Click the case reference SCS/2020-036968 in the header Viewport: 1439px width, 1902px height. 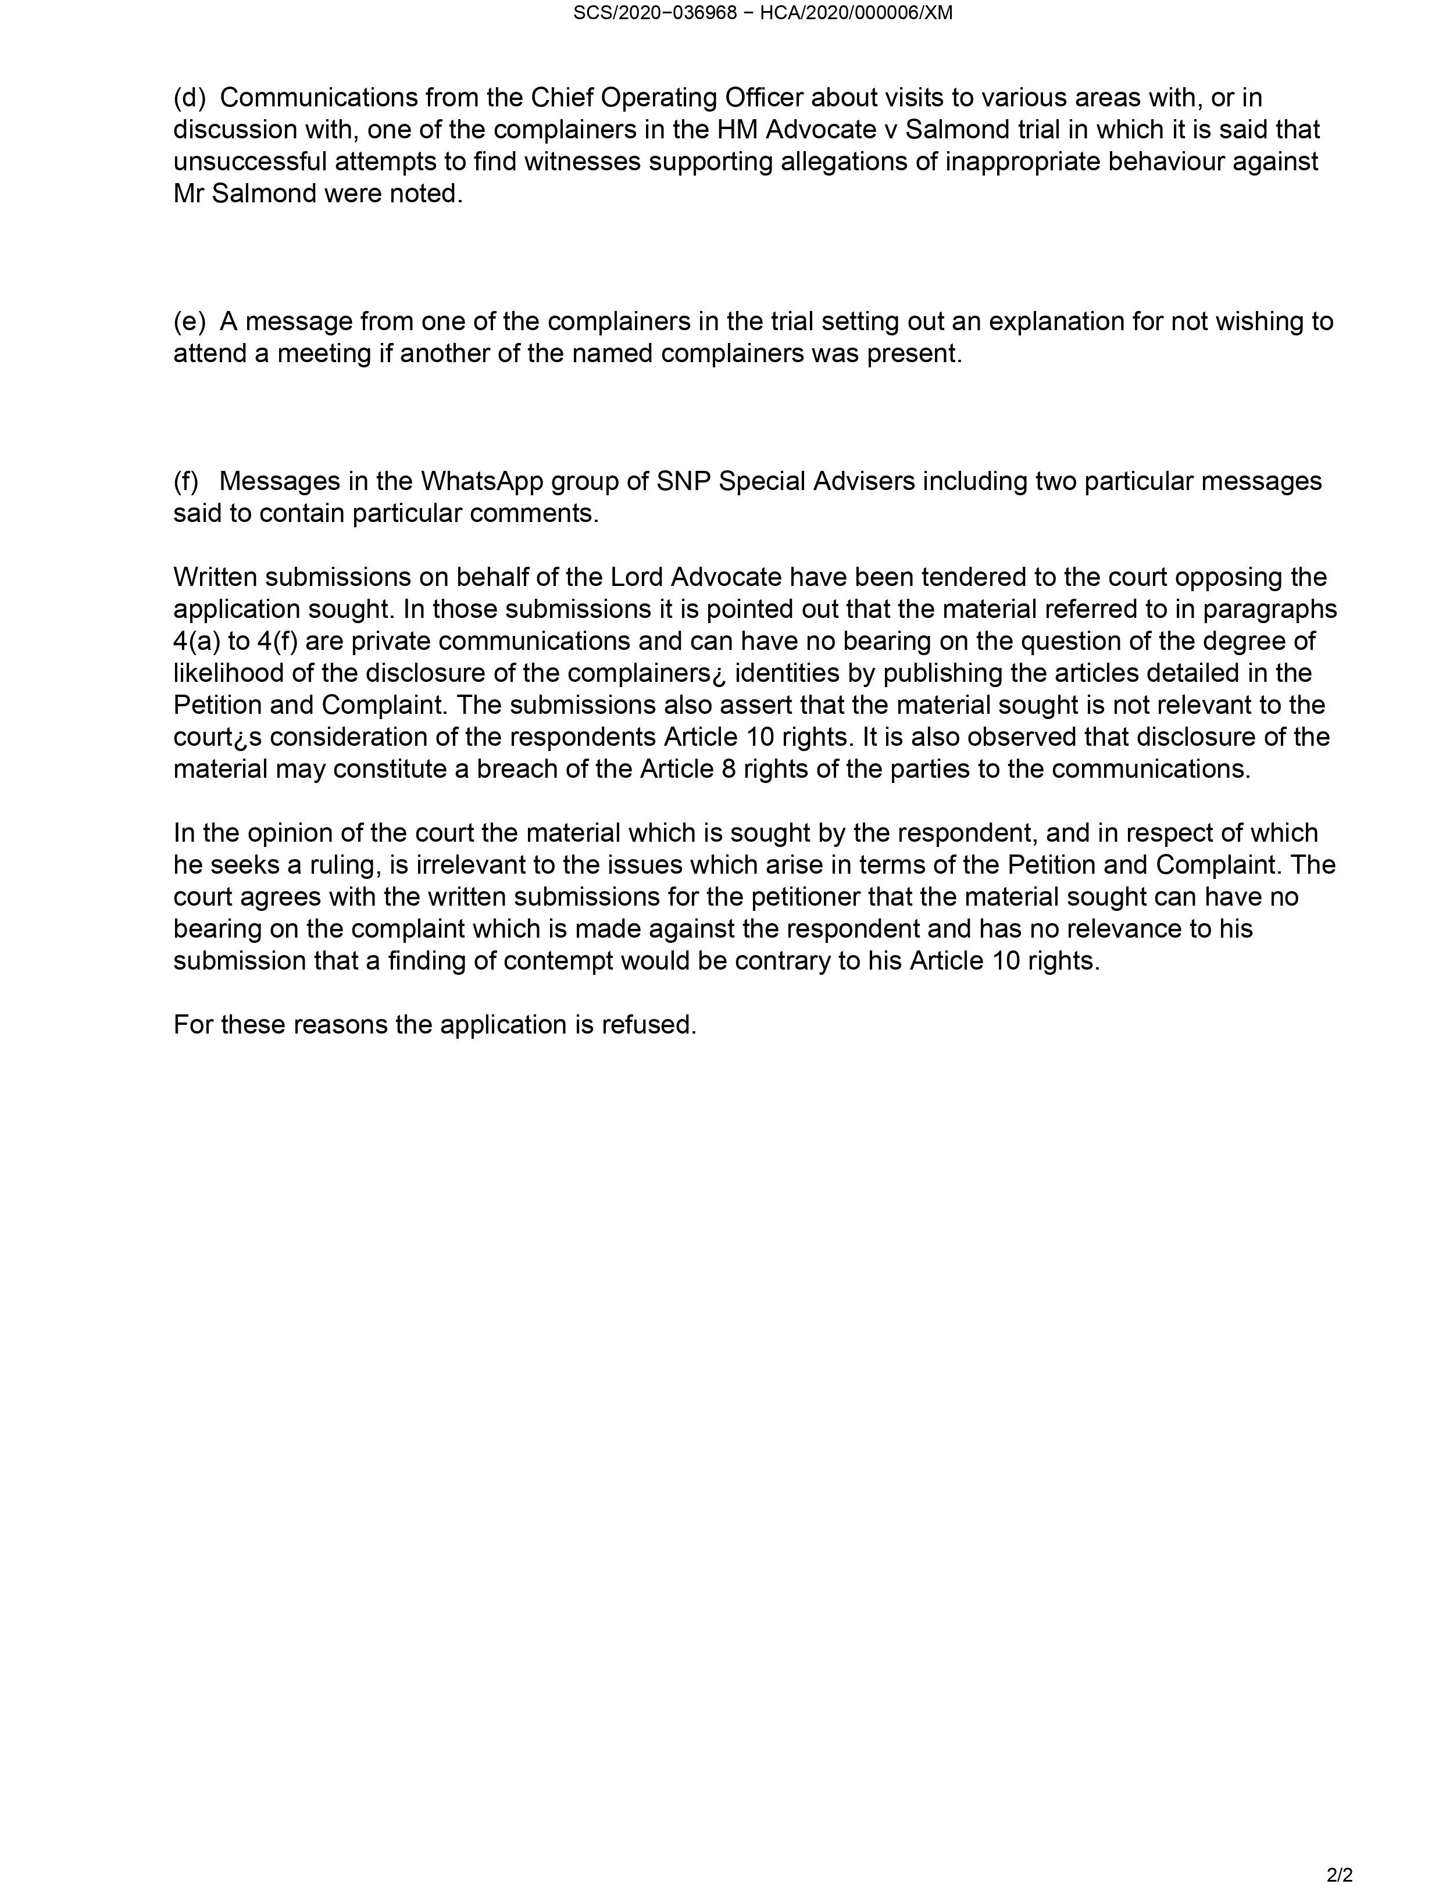(655, 13)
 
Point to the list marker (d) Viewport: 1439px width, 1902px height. (189, 98)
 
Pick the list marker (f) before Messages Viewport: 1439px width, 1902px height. (186, 481)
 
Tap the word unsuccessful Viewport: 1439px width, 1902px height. (249, 162)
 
